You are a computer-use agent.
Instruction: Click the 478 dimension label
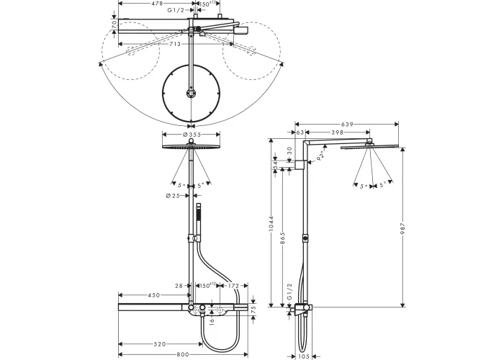tap(150, 4)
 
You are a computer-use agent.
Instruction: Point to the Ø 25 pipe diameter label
tap(174, 196)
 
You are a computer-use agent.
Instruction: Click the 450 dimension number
tap(154, 295)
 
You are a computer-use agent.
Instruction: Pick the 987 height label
tap(405, 228)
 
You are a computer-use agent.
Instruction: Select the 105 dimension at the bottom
tap(305, 355)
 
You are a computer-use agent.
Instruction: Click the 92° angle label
tap(322, 153)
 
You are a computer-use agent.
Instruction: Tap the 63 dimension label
tap(300, 133)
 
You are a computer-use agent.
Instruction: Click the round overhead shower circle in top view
tap(191, 94)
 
